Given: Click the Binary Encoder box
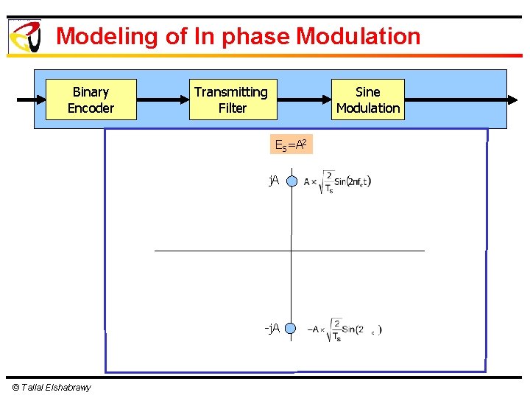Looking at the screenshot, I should tap(91, 99).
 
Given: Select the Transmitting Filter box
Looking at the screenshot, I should tap(233, 99).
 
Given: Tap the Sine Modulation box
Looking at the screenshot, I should tap(368, 99).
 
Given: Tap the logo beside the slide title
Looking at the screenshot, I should tap(25, 36).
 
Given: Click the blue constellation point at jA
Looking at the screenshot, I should tap(291, 181).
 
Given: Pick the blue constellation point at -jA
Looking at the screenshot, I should tap(291, 329).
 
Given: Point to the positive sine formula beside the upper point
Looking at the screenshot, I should tap(338, 182).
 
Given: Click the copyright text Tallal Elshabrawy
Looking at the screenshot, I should tap(52, 388).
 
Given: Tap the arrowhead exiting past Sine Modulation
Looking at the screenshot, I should tap(513, 99).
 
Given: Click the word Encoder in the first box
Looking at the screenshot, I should tap(91, 108).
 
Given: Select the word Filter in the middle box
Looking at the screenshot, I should tap(233, 108).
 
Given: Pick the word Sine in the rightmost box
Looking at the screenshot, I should tap(368, 92).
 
